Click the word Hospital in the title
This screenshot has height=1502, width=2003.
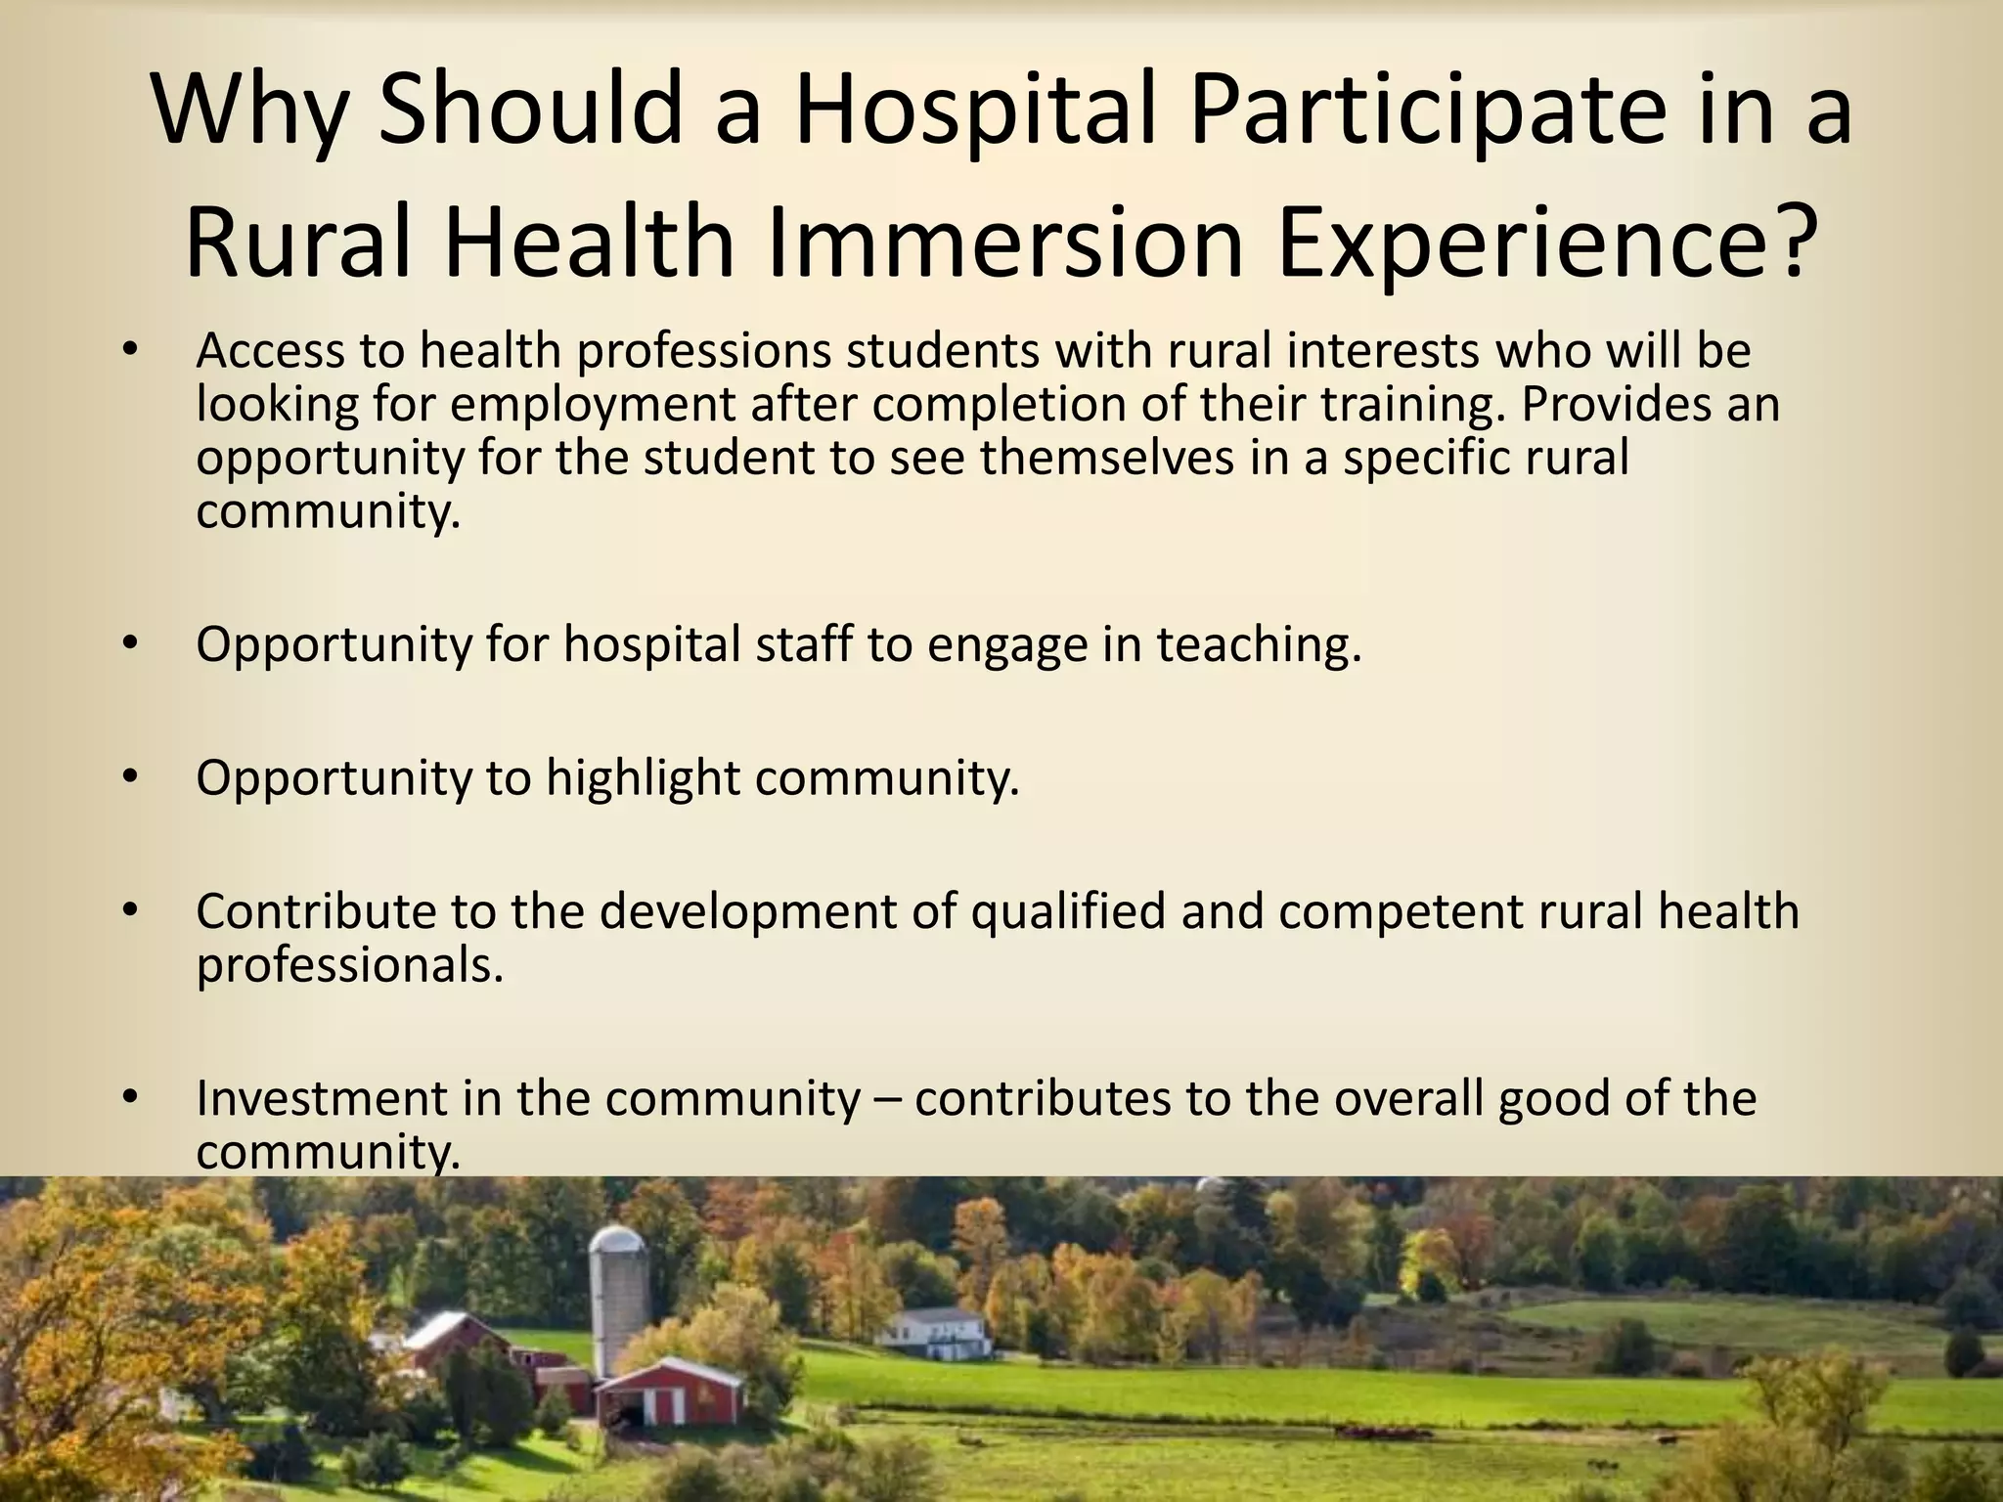tap(979, 110)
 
